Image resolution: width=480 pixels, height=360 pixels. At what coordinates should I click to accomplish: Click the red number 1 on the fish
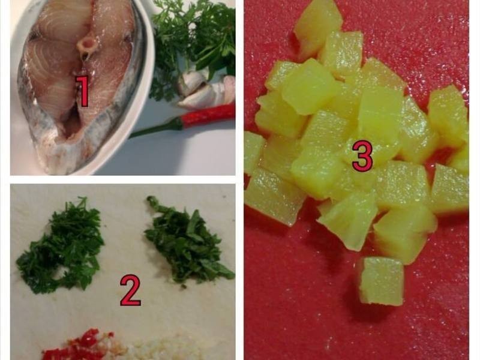coord(83,91)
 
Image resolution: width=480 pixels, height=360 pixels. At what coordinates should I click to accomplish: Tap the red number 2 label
coord(130,290)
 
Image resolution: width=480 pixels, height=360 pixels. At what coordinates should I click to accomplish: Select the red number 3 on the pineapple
coord(362,157)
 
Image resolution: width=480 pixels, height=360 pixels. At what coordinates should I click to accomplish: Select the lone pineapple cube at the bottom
coord(381,281)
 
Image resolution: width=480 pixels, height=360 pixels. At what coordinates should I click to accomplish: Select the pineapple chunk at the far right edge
coord(450,189)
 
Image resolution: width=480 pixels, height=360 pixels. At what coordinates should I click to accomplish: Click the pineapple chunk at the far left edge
coord(253,152)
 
